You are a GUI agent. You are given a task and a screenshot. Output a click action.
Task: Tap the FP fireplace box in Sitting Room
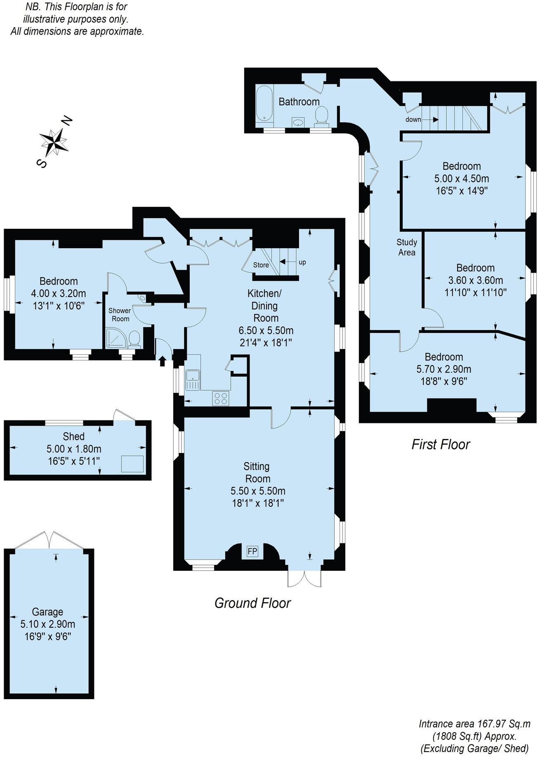[x=252, y=551]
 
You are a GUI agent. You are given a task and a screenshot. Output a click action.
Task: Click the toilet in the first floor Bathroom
[x=321, y=114]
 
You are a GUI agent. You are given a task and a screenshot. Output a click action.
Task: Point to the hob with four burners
[x=221, y=398]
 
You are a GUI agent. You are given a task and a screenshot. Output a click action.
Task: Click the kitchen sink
[x=193, y=379]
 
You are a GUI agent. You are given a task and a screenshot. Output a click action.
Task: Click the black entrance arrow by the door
[x=162, y=361]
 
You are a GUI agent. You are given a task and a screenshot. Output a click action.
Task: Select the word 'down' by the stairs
[x=413, y=119]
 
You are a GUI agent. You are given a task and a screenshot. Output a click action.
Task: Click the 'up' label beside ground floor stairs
[x=302, y=262]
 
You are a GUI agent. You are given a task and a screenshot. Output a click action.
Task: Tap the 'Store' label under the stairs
[x=261, y=265]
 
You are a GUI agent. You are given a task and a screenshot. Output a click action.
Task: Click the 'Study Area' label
[x=407, y=247]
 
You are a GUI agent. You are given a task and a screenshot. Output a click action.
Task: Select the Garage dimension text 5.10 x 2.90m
[x=48, y=624]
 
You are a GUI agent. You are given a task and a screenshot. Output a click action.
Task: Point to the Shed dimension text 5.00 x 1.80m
[x=74, y=449]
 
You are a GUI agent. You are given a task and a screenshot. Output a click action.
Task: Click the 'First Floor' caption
[x=441, y=444]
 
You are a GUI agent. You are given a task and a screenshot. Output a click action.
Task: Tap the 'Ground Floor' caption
[x=252, y=603]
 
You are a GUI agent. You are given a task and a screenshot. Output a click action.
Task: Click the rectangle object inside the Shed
[x=132, y=464]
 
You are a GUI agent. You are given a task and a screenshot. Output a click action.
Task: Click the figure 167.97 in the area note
[x=492, y=724]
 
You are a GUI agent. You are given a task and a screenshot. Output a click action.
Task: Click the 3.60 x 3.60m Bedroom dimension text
[x=475, y=280]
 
